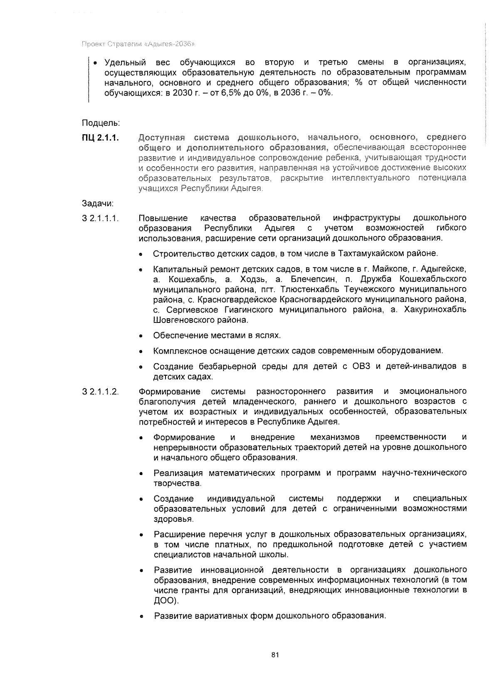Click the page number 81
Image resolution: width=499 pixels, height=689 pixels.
tap(274, 655)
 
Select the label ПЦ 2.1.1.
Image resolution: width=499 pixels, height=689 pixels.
tap(100, 138)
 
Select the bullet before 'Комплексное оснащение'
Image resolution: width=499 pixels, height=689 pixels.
tap(142, 352)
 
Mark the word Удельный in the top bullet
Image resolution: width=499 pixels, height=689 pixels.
tap(125, 63)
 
